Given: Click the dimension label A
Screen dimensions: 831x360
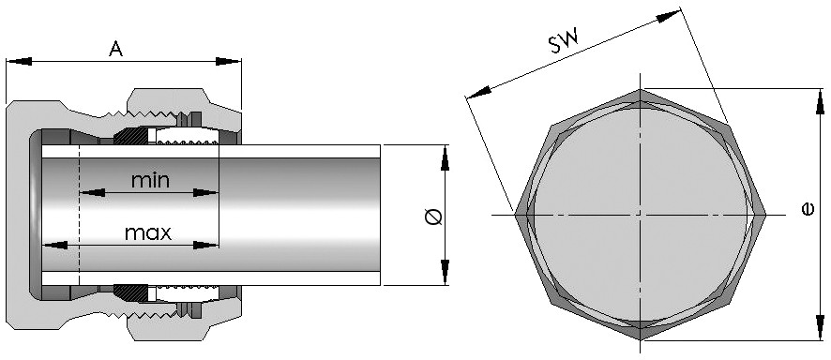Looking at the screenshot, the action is click(x=116, y=49).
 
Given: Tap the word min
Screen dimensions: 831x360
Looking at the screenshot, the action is click(x=150, y=181).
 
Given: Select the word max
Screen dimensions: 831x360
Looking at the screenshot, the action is click(x=148, y=232).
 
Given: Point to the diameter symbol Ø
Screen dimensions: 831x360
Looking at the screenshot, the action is click(x=433, y=216).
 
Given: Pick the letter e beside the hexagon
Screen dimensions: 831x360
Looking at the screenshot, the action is click(x=808, y=210).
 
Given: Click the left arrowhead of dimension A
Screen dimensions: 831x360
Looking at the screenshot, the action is click(x=19, y=62).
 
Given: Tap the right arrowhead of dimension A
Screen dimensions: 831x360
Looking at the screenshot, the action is click(x=229, y=62).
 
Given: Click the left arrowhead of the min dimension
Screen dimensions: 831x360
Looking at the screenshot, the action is click(x=92, y=192).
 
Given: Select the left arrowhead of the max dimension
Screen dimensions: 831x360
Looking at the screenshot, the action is click(x=54, y=245).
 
